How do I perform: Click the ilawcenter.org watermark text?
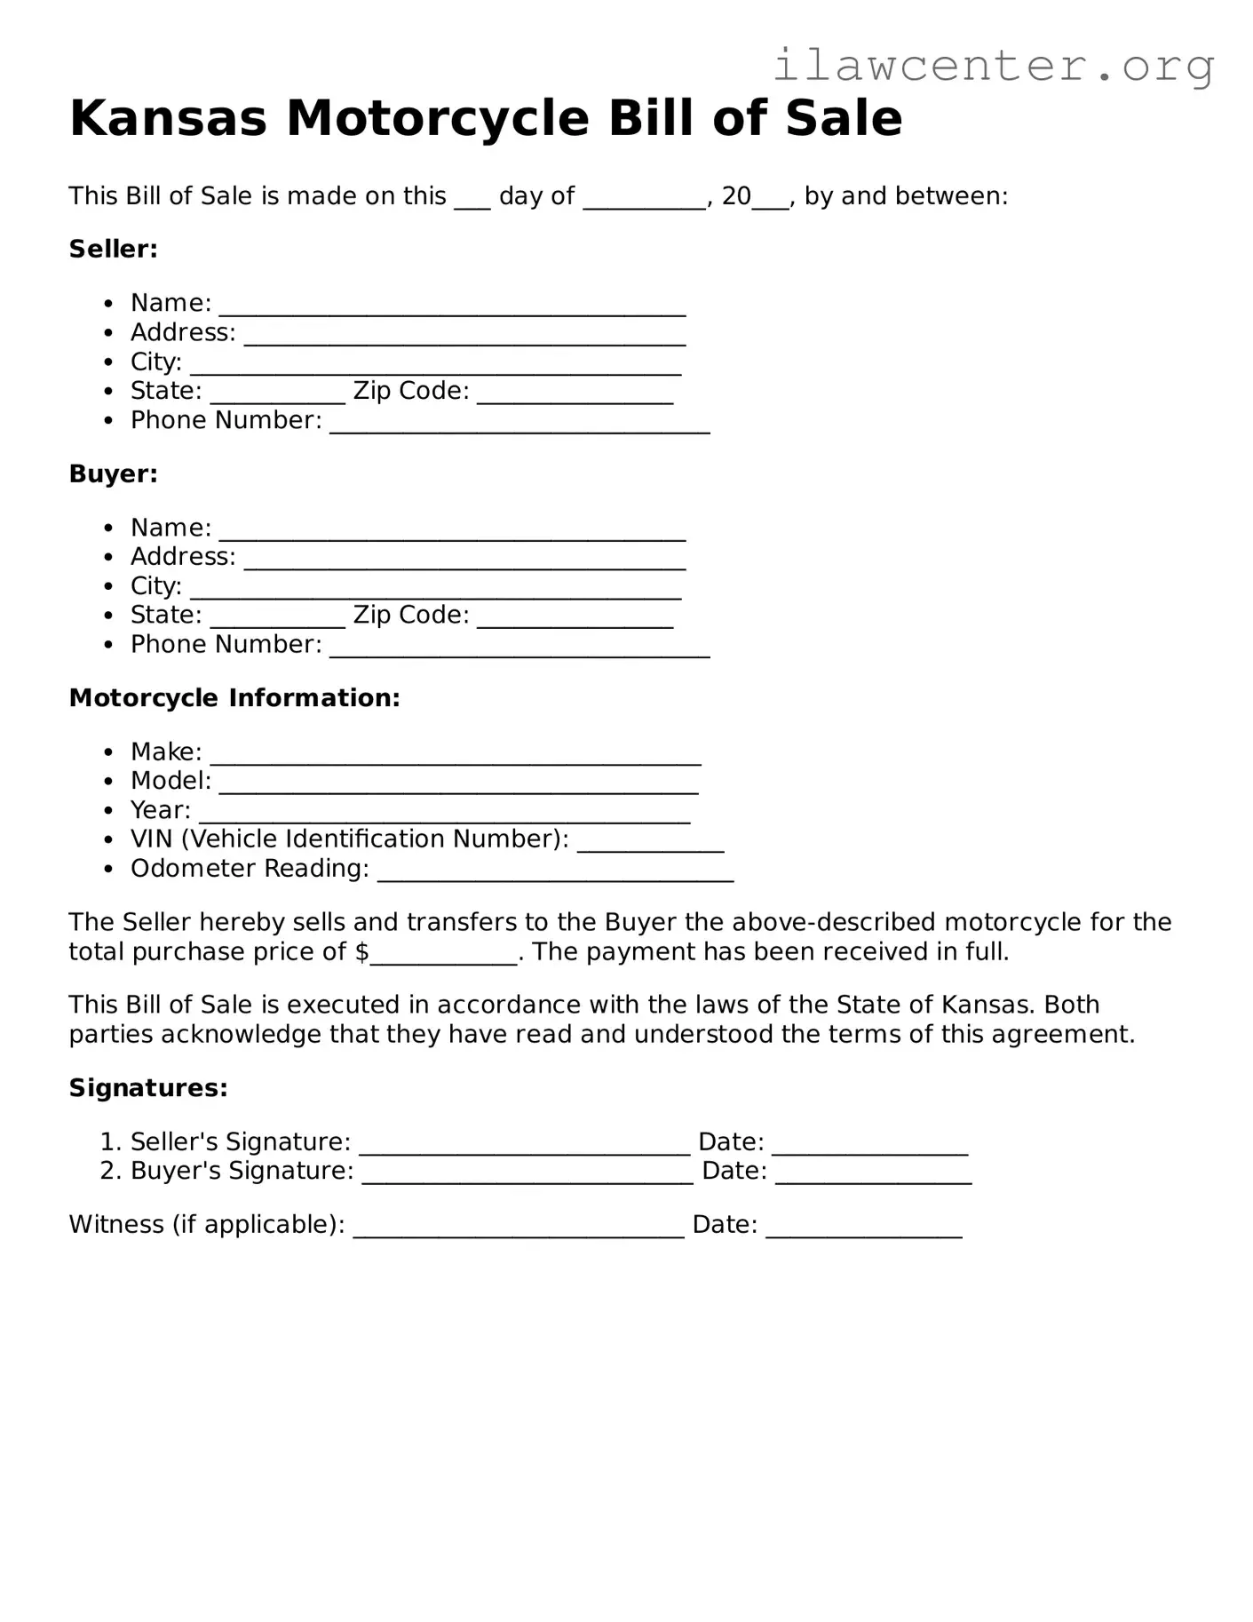pyautogui.click(x=993, y=66)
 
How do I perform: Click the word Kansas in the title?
pyautogui.click(x=168, y=118)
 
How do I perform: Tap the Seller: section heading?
pyautogui.click(x=113, y=249)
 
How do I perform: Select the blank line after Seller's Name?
pyautogui.click(x=452, y=307)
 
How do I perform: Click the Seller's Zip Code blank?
pyautogui.click(x=575, y=395)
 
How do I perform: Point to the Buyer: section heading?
pyautogui.click(x=113, y=473)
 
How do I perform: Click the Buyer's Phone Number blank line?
pyautogui.click(x=519, y=648)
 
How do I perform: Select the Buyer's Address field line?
pyautogui.click(x=464, y=561)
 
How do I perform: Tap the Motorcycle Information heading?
pyautogui.click(x=234, y=698)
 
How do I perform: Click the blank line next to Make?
pyautogui.click(x=456, y=756)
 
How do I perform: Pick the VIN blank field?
pyautogui.click(x=650, y=844)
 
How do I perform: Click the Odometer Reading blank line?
pyautogui.click(x=555, y=873)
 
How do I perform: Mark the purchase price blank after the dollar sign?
pyautogui.click(x=443, y=956)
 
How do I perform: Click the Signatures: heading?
pyautogui.click(x=148, y=1088)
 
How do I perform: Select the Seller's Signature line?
pyautogui.click(x=524, y=1146)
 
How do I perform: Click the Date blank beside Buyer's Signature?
pyautogui.click(x=873, y=1175)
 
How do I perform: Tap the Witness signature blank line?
pyautogui.click(x=519, y=1229)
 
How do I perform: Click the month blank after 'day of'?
pyautogui.click(x=644, y=200)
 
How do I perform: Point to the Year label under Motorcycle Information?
pyautogui.click(x=160, y=810)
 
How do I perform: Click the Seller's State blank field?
pyautogui.click(x=277, y=395)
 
